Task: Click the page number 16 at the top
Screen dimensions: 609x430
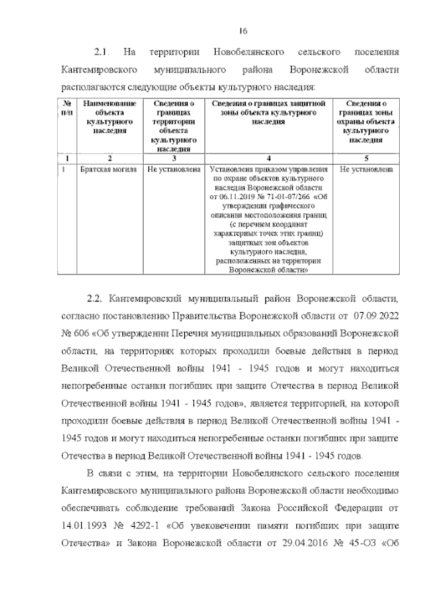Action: coord(243,31)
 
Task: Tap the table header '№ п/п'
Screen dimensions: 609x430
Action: coord(67,108)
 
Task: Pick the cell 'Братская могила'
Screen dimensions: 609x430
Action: coord(107,170)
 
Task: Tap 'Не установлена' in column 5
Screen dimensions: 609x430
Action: coord(366,170)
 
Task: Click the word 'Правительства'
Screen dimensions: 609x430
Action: coord(228,315)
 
